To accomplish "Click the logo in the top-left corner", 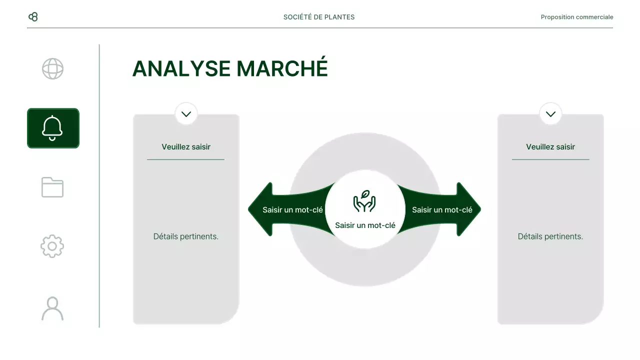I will [33, 17].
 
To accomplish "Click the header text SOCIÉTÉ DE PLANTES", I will [319, 17].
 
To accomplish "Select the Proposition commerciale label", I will [576, 17].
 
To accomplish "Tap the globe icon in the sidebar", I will [52, 69].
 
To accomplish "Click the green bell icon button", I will [53, 128].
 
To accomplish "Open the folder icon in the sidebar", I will [52, 187].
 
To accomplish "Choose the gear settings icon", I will [52, 246].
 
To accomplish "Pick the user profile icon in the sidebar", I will [52, 308].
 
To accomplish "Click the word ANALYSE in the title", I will [181, 69].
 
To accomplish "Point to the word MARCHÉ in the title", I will [282, 68].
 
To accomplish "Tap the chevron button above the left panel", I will [186, 114].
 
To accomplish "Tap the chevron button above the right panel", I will [550, 114].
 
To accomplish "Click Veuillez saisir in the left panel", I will [186, 147].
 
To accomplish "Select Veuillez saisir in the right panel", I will [550, 147].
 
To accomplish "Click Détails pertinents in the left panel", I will [186, 236].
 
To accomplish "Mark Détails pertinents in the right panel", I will [550, 236].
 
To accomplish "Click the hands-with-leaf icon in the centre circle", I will [364, 201].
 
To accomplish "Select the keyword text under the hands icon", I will [365, 225].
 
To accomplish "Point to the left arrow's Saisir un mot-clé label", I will [293, 210].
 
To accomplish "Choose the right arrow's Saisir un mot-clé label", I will [442, 210].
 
